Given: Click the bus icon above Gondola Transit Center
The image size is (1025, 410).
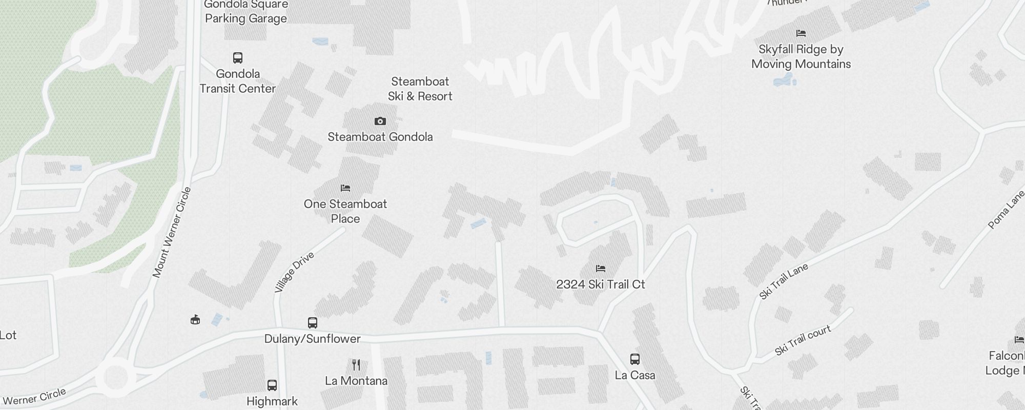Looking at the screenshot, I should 238,57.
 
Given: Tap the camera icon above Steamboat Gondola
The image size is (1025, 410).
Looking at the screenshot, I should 380,121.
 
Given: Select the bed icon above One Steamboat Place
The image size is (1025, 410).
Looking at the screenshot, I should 345,188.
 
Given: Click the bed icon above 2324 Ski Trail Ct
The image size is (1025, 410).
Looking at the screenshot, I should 601,269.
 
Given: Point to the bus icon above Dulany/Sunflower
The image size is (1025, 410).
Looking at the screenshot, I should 313,323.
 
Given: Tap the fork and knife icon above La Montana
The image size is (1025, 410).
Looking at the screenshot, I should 356,365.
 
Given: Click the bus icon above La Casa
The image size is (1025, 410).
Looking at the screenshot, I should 635,359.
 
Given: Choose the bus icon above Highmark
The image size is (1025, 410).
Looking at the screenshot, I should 272,385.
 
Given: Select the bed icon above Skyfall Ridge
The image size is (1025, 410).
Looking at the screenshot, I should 801,34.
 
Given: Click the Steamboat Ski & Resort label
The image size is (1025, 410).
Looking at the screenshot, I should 420,89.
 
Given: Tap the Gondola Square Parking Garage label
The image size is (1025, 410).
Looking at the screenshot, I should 246,12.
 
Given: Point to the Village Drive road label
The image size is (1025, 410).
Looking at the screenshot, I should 294,272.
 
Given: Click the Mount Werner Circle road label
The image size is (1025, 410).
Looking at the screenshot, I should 172,233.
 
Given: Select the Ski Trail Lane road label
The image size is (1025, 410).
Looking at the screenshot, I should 784,281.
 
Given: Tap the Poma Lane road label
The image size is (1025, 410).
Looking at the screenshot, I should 1007,209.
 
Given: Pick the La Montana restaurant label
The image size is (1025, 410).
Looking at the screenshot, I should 356,381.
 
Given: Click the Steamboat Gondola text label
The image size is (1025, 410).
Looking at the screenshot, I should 380,137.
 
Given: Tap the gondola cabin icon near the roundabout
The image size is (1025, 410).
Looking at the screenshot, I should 195,320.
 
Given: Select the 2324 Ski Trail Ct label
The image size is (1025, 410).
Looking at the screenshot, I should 601,284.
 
